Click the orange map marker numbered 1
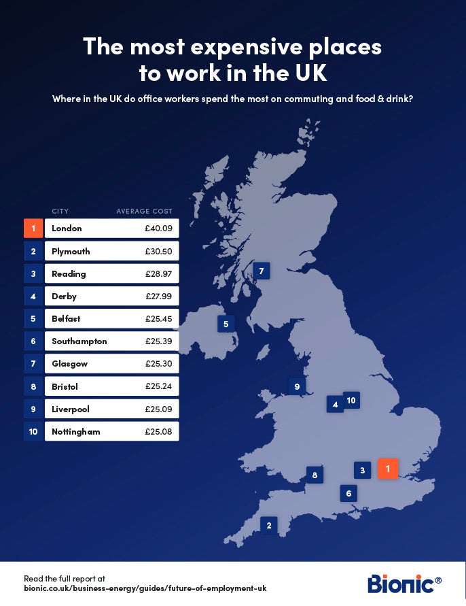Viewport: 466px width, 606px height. point(388,469)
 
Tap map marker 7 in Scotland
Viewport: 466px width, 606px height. point(260,271)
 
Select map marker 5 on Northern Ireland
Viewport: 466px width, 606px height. point(226,324)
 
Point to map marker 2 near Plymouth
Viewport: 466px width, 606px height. point(269,525)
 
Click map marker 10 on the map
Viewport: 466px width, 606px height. point(351,400)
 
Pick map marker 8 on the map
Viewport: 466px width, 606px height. point(315,475)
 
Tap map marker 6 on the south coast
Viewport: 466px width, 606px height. point(348,494)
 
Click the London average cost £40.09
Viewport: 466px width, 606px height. point(158,229)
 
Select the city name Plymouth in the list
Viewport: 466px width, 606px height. point(71,251)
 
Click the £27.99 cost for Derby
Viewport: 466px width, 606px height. point(158,297)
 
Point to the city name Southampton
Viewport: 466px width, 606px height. point(79,341)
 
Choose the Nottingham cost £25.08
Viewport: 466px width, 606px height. point(158,432)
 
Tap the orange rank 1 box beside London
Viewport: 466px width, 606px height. point(33,229)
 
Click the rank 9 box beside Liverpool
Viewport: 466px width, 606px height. point(33,409)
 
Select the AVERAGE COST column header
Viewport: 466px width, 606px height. point(144,212)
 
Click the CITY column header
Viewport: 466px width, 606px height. point(60,212)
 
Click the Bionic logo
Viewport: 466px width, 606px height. point(404,584)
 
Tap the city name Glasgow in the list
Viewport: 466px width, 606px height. point(69,364)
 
